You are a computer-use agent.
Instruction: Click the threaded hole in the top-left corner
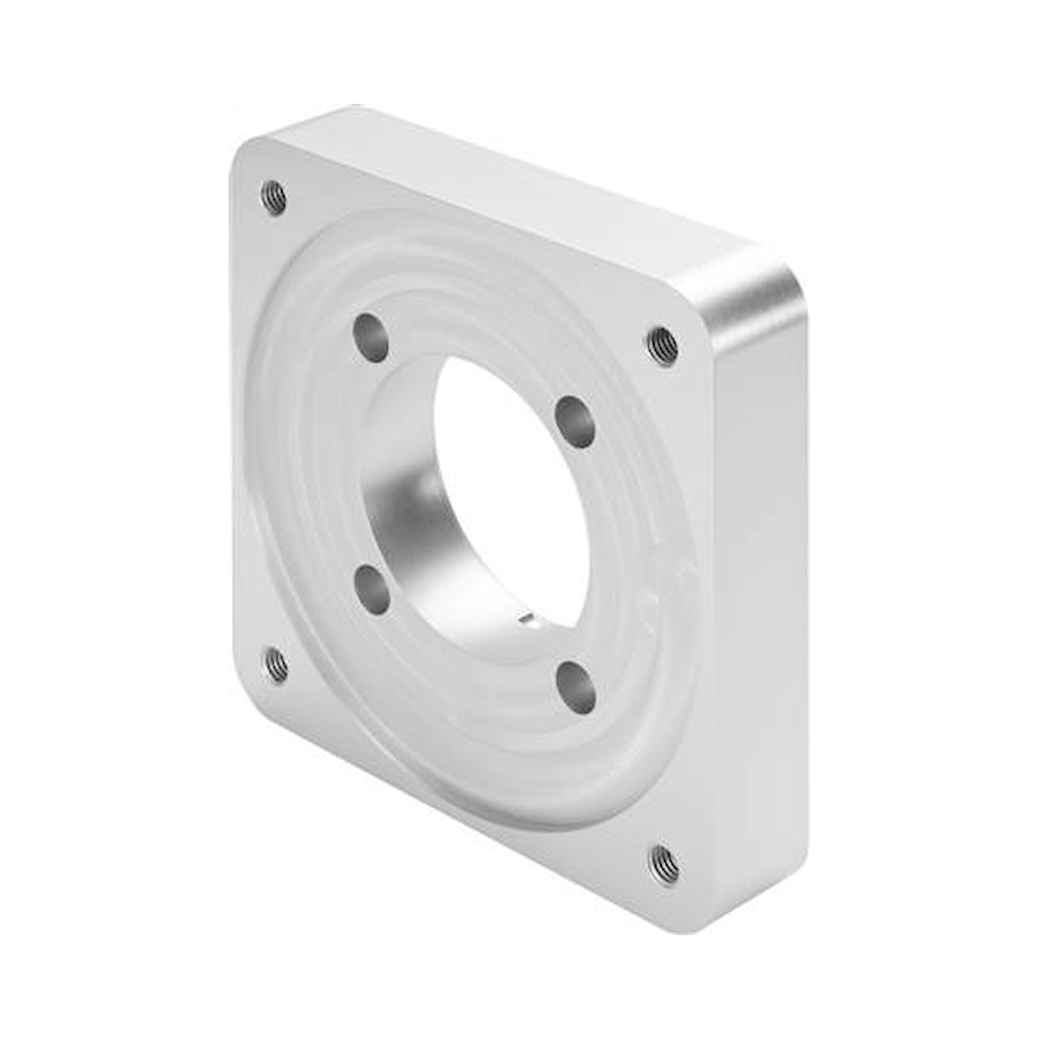(x=274, y=198)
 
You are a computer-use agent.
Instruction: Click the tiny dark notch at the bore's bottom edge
(x=526, y=622)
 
